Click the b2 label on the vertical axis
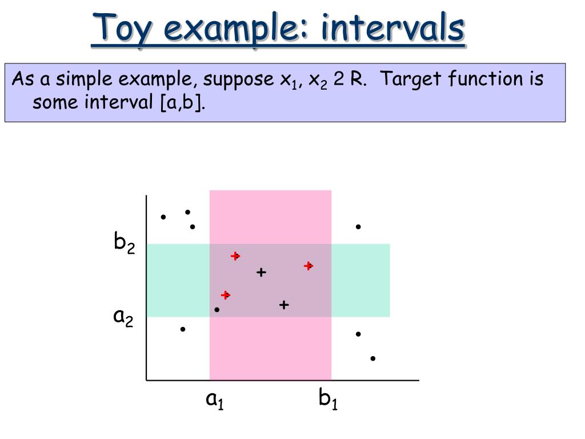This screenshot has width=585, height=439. (x=124, y=242)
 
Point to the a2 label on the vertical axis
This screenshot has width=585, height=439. (x=123, y=318)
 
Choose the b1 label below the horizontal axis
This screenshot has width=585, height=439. (x=328, y=398)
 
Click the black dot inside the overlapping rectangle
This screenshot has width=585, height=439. (x=217, y=309)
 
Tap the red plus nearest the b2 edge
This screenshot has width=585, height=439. (x=235, y=256)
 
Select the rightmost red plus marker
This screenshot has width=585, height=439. (x=308, y=266)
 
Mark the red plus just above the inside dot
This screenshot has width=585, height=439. (x=225, y=296)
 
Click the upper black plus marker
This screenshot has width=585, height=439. (x=261, y=273)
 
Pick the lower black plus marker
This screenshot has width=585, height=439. (x=284, y=305)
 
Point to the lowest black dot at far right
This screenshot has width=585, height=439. (x=372, y=358)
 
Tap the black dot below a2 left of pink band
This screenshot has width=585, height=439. (x=182, y=329)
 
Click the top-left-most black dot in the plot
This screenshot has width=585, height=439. (x=163, y=217)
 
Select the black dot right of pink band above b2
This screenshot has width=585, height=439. (x=358, y=226)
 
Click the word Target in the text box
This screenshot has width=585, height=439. (x=411, y=79)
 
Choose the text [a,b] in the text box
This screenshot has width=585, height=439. (x=182, y=102)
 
